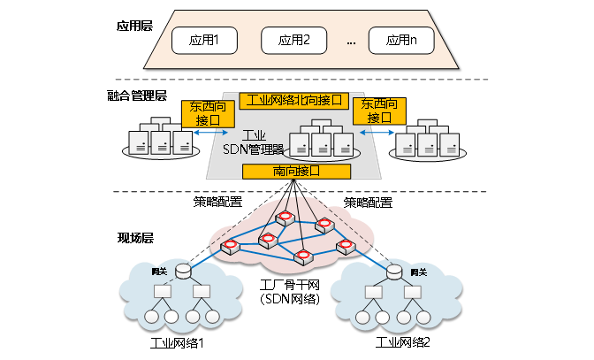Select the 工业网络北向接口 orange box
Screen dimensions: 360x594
(x=294, y=100)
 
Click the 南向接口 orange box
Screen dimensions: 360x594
(x=294, y=172)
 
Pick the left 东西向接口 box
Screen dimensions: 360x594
(x=208, y=111)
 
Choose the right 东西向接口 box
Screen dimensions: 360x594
(x=379, y=111)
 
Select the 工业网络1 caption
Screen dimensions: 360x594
(x=177, y=342)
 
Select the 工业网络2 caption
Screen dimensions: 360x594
(x=403, y=342)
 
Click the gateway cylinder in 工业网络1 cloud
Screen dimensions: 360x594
(x=183, y=271)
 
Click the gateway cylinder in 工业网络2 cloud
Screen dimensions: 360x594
(x=392, y=271)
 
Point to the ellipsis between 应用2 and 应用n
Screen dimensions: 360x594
(x=351, y=42)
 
